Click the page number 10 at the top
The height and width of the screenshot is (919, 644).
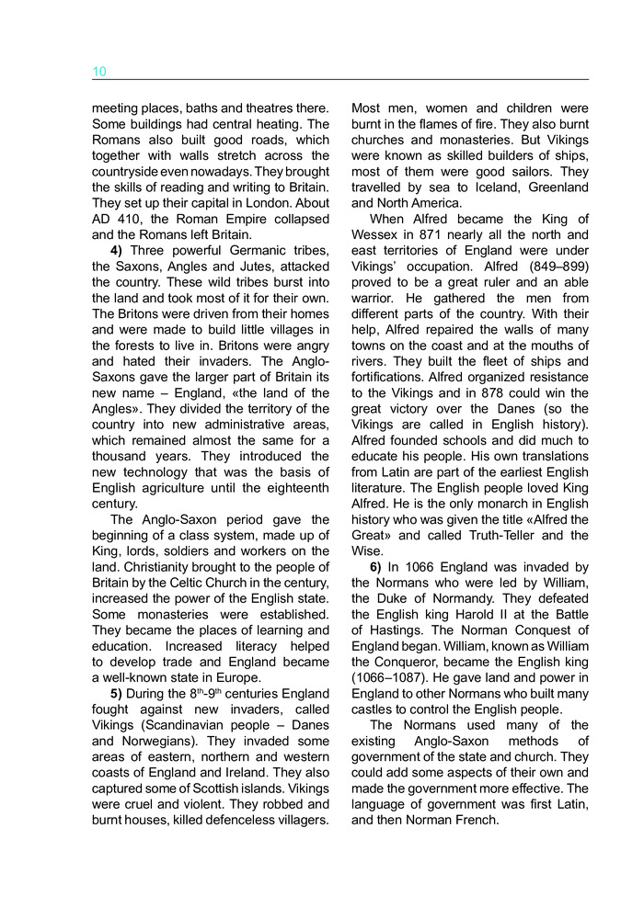click(x=99, y=72)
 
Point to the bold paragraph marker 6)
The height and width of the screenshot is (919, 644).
click(x=377, y=567)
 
